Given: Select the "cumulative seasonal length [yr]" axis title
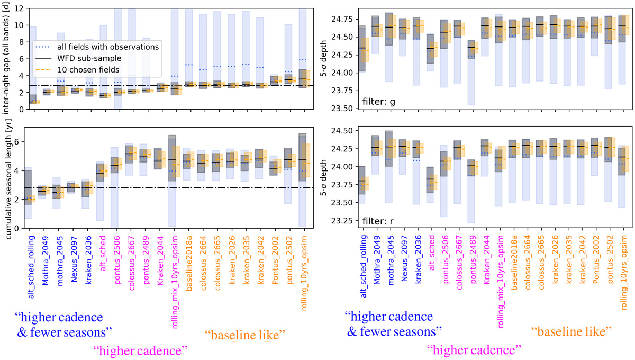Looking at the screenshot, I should [x=6, y=178].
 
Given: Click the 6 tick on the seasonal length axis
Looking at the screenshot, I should [x=17, y=142].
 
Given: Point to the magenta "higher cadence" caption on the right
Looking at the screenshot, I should [x=474, y=350].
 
